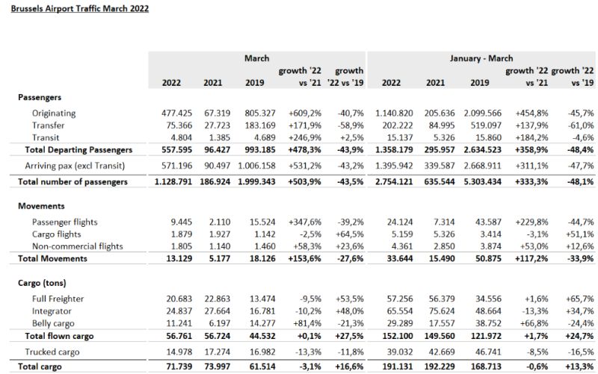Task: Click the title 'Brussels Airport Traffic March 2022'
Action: coord(80,8)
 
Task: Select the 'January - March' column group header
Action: coord(481,58)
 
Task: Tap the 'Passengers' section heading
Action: coord(40,97)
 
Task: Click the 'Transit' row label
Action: coord(46,137)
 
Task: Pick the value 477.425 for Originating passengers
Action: coord(176,113)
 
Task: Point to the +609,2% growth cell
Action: coord(305,113)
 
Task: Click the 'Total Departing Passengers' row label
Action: coord(78,150)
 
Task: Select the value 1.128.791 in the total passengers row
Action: coord(173,181)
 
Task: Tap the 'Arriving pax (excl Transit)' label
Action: coord(75,166)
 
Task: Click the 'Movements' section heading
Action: coord(41,206)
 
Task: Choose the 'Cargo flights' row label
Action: coord(57,234)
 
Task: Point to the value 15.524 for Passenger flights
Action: coord(262,222)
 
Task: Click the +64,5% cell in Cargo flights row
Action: coord(350,234)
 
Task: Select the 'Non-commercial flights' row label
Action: coord(78,246)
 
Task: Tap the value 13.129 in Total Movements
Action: coord(179,258)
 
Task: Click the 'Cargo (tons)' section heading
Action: coord(42,283)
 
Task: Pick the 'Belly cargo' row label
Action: coord(53,324)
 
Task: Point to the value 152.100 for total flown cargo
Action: coord(398,336)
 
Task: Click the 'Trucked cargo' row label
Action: coord(52,352)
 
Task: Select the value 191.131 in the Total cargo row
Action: coord(398,367)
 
